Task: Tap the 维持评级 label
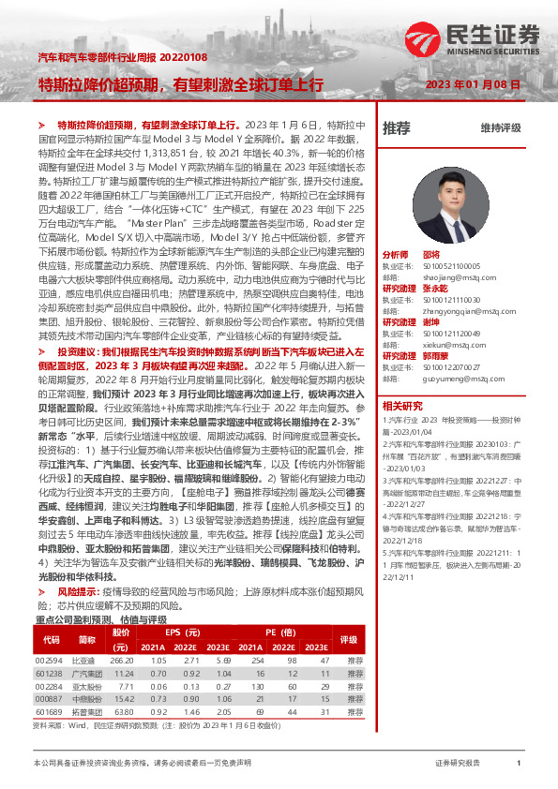tap(500, 127)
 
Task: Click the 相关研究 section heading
tap(402, 406)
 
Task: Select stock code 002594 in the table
tap(52, 662)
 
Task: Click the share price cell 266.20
tap(122, 662)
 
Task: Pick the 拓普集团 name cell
tap(86, 713)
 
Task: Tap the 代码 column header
tap(52, 640)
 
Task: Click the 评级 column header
tap(349, 640)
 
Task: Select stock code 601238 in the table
tap(52, 674)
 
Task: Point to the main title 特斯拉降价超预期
tap(101, 84)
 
